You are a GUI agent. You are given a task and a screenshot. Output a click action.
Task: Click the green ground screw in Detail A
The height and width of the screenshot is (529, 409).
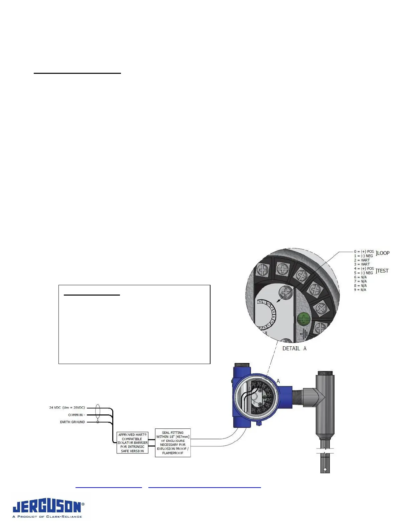tap(303, 319)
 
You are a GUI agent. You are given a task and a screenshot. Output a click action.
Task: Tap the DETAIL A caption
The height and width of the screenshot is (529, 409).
tap(294, 348)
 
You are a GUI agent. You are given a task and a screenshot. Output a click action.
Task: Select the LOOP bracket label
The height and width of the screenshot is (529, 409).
tap(383, 253)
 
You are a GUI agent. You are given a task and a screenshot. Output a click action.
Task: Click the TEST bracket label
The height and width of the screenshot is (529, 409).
tap(382, 271)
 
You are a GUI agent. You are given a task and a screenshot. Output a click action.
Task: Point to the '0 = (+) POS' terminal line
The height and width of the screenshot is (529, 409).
tap(364, 251)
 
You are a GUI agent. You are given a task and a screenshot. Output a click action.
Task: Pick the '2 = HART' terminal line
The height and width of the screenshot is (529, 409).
tap(362, 260)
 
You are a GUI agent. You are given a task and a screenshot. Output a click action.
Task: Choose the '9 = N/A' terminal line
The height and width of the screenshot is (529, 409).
tap(360, 290)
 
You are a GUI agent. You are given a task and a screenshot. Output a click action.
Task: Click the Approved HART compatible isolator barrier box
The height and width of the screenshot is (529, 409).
tap(132, 443)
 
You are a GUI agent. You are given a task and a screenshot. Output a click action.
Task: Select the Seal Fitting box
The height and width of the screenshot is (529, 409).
tap(173, 443)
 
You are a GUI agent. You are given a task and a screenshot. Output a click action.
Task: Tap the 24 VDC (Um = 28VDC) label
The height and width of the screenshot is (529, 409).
tap(67, 408)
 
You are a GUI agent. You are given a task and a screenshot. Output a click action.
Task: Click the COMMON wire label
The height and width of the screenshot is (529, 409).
tap(76, 415)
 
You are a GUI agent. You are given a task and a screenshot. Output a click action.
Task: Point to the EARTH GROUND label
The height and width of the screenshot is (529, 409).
tap(72, 422)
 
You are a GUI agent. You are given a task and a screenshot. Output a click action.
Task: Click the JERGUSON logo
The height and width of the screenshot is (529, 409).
tap(47, 507)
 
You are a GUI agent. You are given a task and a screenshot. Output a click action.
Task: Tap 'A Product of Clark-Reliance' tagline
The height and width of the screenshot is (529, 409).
tap(47, 517)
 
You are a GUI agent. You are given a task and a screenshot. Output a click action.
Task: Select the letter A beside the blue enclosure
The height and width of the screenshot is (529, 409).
tap(278, 381)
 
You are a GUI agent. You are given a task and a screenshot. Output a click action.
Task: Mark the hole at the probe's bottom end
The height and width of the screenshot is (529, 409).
tap(325, 470)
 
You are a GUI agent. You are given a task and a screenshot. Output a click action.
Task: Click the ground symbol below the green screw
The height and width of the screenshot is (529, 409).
tap(304, 333)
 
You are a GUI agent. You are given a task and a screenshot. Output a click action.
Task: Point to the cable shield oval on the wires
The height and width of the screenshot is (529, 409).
tap(98, 411)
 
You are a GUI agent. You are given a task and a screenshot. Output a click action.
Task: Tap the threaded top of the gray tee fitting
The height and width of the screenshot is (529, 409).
tap(325, 373)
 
